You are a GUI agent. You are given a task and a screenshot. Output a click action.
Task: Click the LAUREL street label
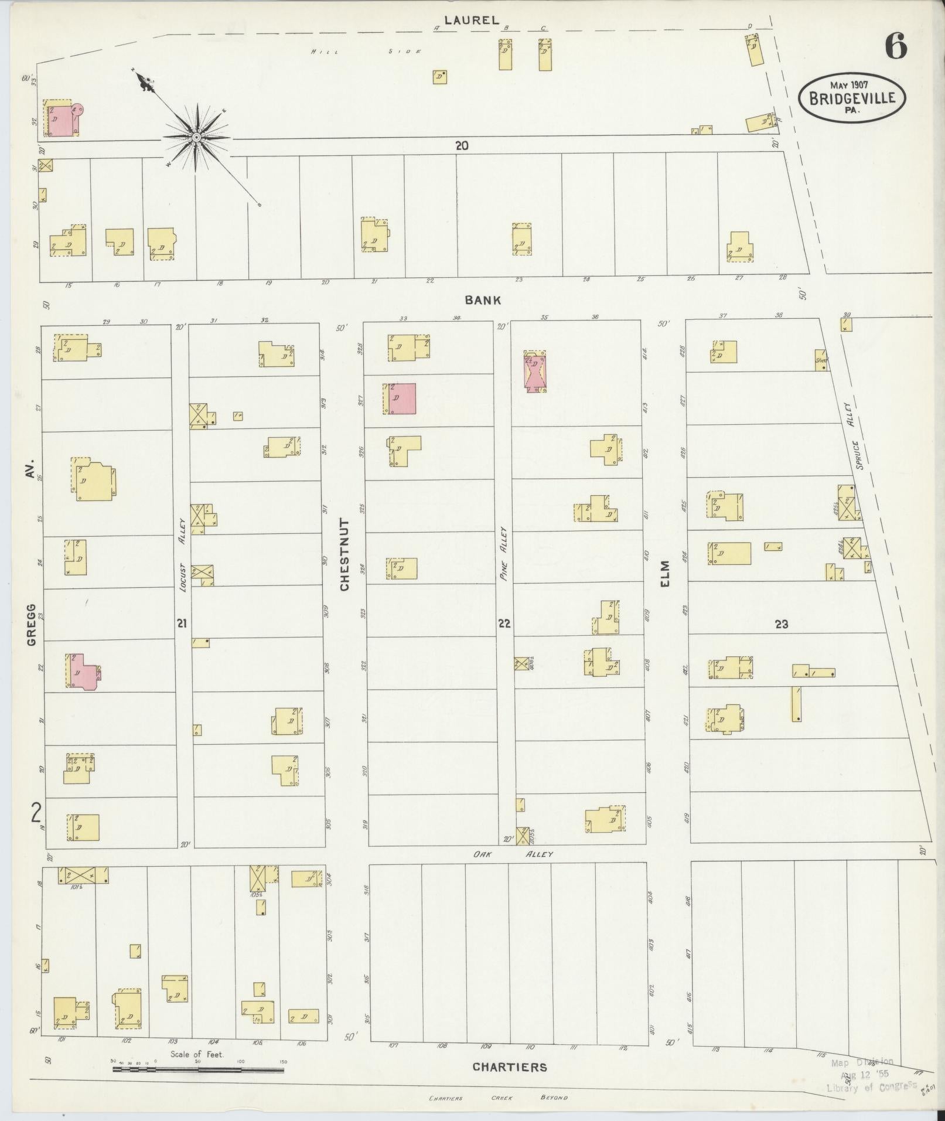click(x=471, y=21)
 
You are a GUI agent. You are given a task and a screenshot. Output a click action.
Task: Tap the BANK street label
click(x=483, y=300)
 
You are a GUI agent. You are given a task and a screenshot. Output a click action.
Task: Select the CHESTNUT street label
click(x=344, y=554)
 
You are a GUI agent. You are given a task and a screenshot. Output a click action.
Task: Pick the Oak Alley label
click(x=513, y=854)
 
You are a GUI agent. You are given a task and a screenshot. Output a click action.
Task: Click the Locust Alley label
click(x=182, y=554)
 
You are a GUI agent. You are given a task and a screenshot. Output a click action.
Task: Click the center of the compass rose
click(x=197, y=138)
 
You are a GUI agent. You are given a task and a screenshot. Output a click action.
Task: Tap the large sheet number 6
click(x=896, y=46)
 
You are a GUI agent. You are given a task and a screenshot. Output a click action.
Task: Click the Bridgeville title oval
click(x=852, y=98)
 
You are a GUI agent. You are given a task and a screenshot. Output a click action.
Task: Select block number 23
click(x=781, y=624)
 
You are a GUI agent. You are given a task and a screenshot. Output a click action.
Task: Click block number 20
click(x=462, y=146)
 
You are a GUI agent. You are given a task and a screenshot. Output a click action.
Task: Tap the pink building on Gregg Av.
click(x=83, y=671)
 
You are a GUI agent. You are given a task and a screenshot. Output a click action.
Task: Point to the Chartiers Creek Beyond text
click(x=498, y=1098)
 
